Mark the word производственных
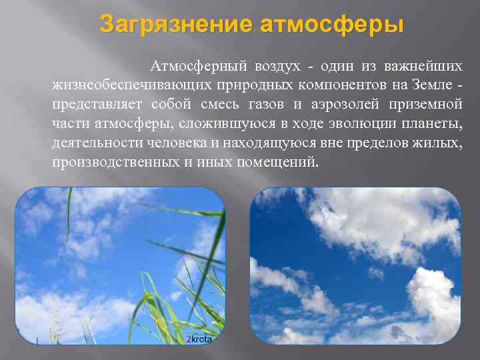pyautogui.click(x=111, y=163)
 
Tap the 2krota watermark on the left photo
pyautogui.click(x=198, y=339)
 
